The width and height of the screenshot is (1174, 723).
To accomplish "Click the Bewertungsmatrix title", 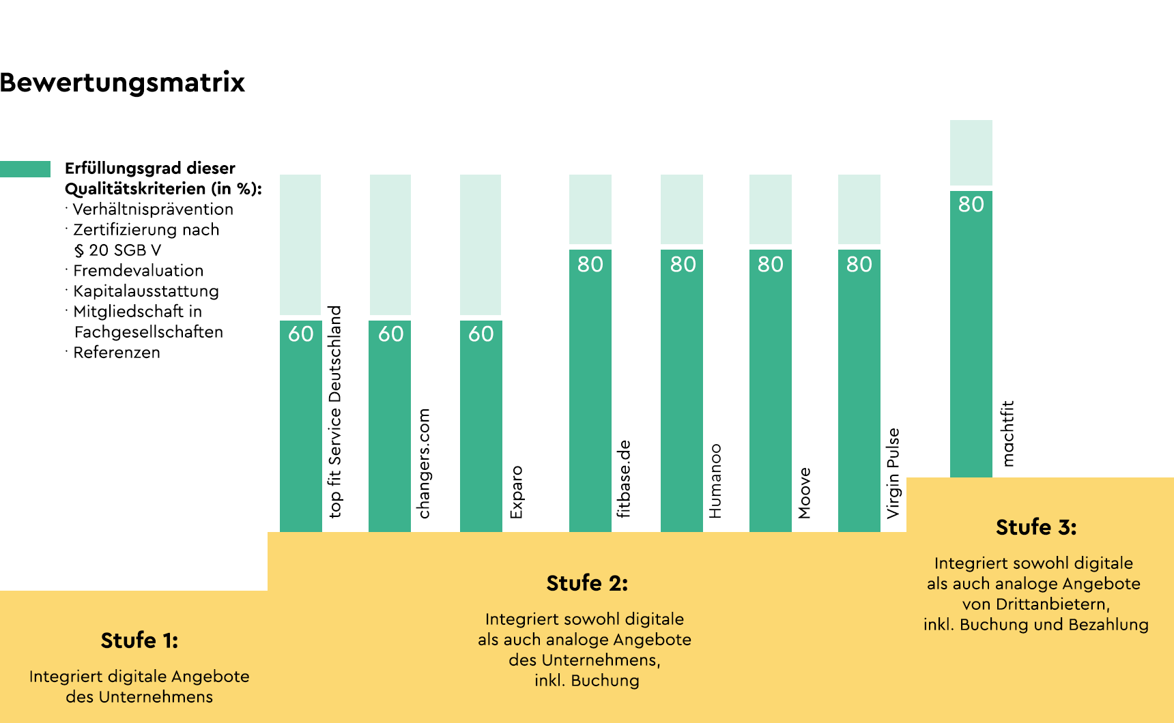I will [122, 83].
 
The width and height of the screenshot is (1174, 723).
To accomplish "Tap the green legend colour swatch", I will [25, 169].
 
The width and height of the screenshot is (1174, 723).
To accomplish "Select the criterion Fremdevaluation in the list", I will [138, 271].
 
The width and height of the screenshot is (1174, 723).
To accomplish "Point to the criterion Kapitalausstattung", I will [145, 291].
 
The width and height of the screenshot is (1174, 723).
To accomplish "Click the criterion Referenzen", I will [116, 353].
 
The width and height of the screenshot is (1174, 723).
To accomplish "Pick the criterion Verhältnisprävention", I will [152, 209].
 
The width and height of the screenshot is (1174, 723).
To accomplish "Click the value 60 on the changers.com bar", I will [390, 334].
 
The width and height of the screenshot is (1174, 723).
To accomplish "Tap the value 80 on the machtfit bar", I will [971, 204].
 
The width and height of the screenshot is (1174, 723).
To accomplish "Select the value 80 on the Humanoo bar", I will [683, 264].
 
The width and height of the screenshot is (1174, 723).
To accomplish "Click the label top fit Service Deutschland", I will [334, 412].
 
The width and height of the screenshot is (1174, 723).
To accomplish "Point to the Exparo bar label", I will [516, 492].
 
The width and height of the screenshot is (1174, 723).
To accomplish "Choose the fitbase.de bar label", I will [623, 479].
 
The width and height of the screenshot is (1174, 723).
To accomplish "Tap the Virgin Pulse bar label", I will [893, 473].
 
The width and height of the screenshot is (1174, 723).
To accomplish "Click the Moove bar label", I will [804, 492].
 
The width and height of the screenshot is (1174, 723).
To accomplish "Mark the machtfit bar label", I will [1007, 433].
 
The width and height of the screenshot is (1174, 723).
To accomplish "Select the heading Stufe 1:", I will [139, 640].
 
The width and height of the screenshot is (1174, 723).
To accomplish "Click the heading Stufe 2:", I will [587, 583].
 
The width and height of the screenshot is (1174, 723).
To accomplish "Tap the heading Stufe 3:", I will [1035, 527].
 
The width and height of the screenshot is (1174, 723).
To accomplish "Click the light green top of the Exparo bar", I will [481, 245].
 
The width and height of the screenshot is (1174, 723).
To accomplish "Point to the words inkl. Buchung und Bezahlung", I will [1035, 625].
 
